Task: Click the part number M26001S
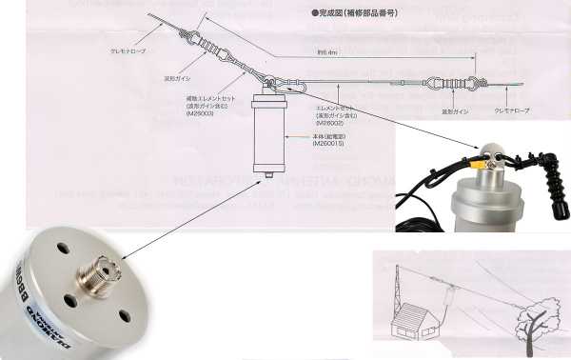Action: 329,144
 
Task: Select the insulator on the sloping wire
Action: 211,42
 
